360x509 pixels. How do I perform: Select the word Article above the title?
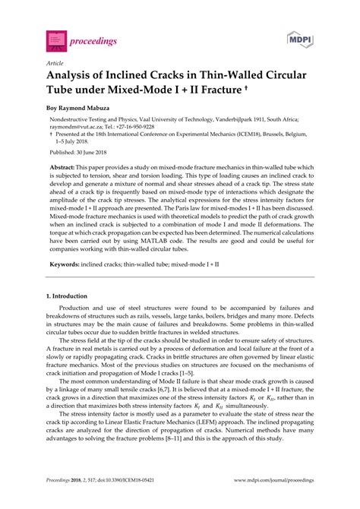(55, 64)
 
